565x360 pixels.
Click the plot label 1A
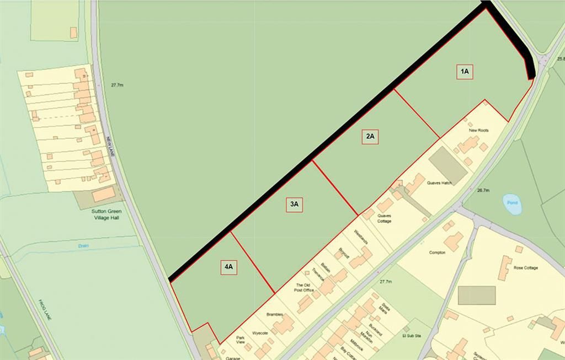[x=465, y=72]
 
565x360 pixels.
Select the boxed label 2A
[x=370, y=136]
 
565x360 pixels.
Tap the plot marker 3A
[x=294, y=205]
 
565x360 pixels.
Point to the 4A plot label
[x=229, y=267]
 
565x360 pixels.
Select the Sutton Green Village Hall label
[x=107, y=214]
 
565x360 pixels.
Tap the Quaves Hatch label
[x=439, y=183]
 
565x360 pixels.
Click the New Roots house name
[x=478, y=131]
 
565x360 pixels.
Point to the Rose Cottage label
[x=525, y=268]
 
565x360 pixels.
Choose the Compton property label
[x=437, y=252]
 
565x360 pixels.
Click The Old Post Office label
[x=304, y=287]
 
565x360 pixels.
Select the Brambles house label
[x=275, y=315]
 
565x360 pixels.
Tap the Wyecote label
[x=260, y=333]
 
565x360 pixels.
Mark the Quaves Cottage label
[x=384, y=218]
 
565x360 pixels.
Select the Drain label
[x=83, y=246]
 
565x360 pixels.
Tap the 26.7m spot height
[x=483, y=190]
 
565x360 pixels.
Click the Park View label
[x=241, y=340]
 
